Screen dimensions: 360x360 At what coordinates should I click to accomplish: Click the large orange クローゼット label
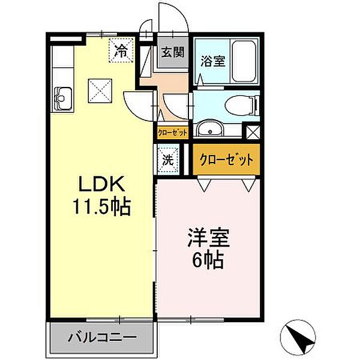(x=226, y=161)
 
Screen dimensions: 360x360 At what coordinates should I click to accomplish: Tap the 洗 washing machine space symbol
(x=168, y=160)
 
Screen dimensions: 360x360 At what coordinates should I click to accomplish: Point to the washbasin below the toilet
(x=211, y=128)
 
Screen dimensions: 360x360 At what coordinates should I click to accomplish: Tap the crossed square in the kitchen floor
(x=99, y=91)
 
